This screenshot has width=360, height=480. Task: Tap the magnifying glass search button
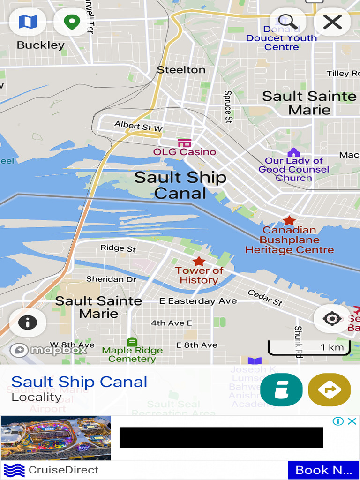pyautogui.click(x=287, y=22)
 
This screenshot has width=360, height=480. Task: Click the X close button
pyautogui.click(x=332, y=22)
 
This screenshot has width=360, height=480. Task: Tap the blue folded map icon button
pyautogui.click(x=27, y=22)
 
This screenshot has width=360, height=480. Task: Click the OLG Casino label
pyautogui.click(x=185, y=152)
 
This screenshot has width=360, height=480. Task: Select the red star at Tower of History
pyautogui.click(x=199, y=261)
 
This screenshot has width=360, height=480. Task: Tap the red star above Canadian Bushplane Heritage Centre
pyautogui.click(x=289, y=220)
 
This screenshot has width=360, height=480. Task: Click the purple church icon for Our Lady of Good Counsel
pyautogui.click(x=293, y=152)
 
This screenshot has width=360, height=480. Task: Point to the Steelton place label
pyautogui.click(x=181, y=70)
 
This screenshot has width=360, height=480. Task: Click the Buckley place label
pyautogui.click(x=40, y=45)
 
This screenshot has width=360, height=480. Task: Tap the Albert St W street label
pyautogui.click(x=138, y=126)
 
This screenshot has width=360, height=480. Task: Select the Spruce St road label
pyautogui.click(x=228, y=107)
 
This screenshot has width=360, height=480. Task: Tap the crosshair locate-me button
pyautogui.click(x=332, y=319)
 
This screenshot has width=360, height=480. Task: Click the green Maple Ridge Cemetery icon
pyautogui.click(x=132, y=342)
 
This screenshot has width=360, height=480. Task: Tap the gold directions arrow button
pyautogui.click(x=329, y=390)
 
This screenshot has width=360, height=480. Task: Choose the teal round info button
pyautogui.click(x=281, y=390)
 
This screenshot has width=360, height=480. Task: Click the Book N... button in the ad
pyautogui.click(x=323, y=470)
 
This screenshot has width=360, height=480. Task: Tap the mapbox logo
pyautogui.click(x=49, y=350)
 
